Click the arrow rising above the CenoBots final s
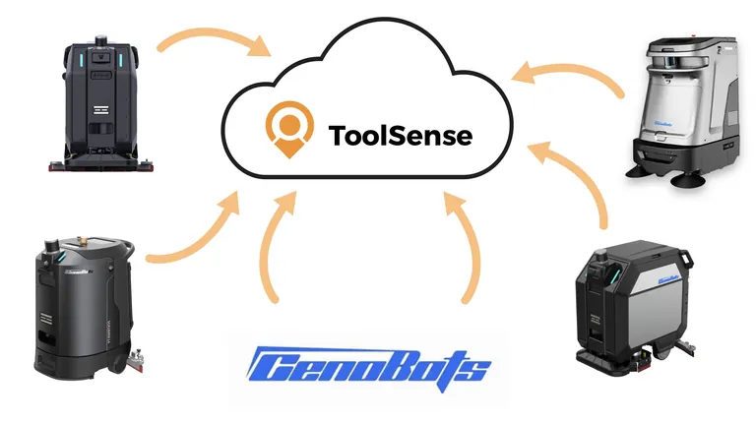coord(470,246)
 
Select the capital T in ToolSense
coord(338,135)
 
